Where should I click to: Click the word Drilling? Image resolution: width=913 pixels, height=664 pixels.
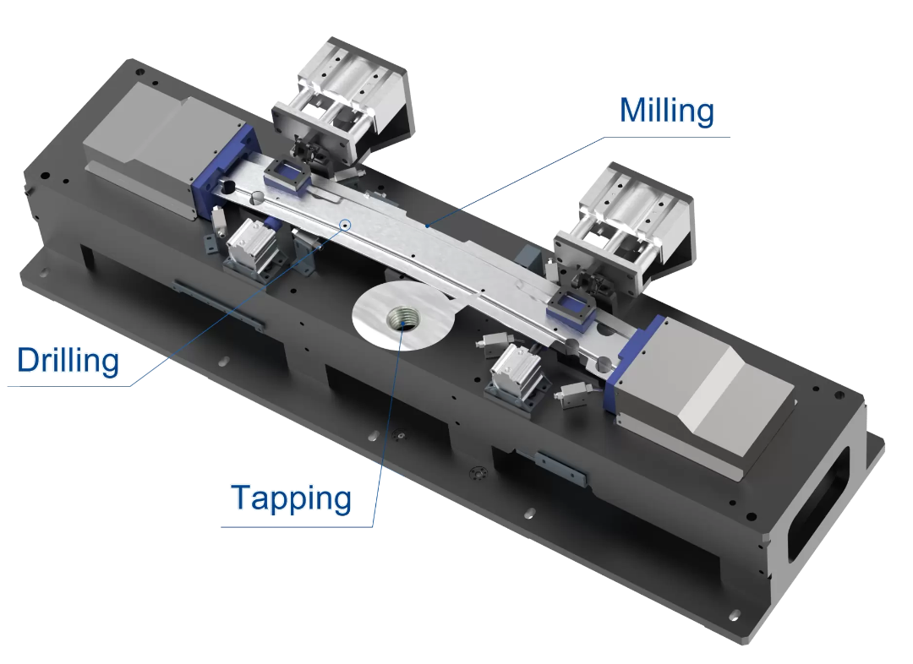click(x=68, y=361)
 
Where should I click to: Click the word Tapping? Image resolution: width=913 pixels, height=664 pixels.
click(x=292, y=498)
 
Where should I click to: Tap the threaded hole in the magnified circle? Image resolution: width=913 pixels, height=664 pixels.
click(x=402, y=319)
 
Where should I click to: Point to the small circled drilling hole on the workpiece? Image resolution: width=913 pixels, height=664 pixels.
click(x=345, y=225)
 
